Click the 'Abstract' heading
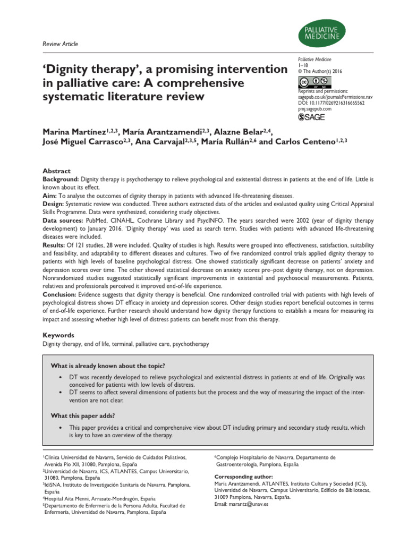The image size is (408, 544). [x=56, y=171]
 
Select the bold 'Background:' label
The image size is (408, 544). [x=61, y=179]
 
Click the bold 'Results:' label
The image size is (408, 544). [x=55, y=245]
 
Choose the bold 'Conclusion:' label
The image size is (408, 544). [x=60, y=294]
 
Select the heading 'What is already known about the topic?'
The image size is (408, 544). [x=108, y=367]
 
